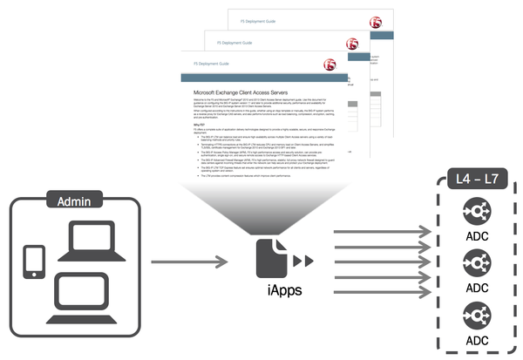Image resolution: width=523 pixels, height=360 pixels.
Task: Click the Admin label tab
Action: pyautogui.click(x=73, y=200)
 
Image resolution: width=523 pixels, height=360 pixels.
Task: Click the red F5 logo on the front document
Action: pyautogui.click(x=330, y=65)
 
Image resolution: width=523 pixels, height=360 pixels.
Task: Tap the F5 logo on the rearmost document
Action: pyautogui.click(x=375, y=22)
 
